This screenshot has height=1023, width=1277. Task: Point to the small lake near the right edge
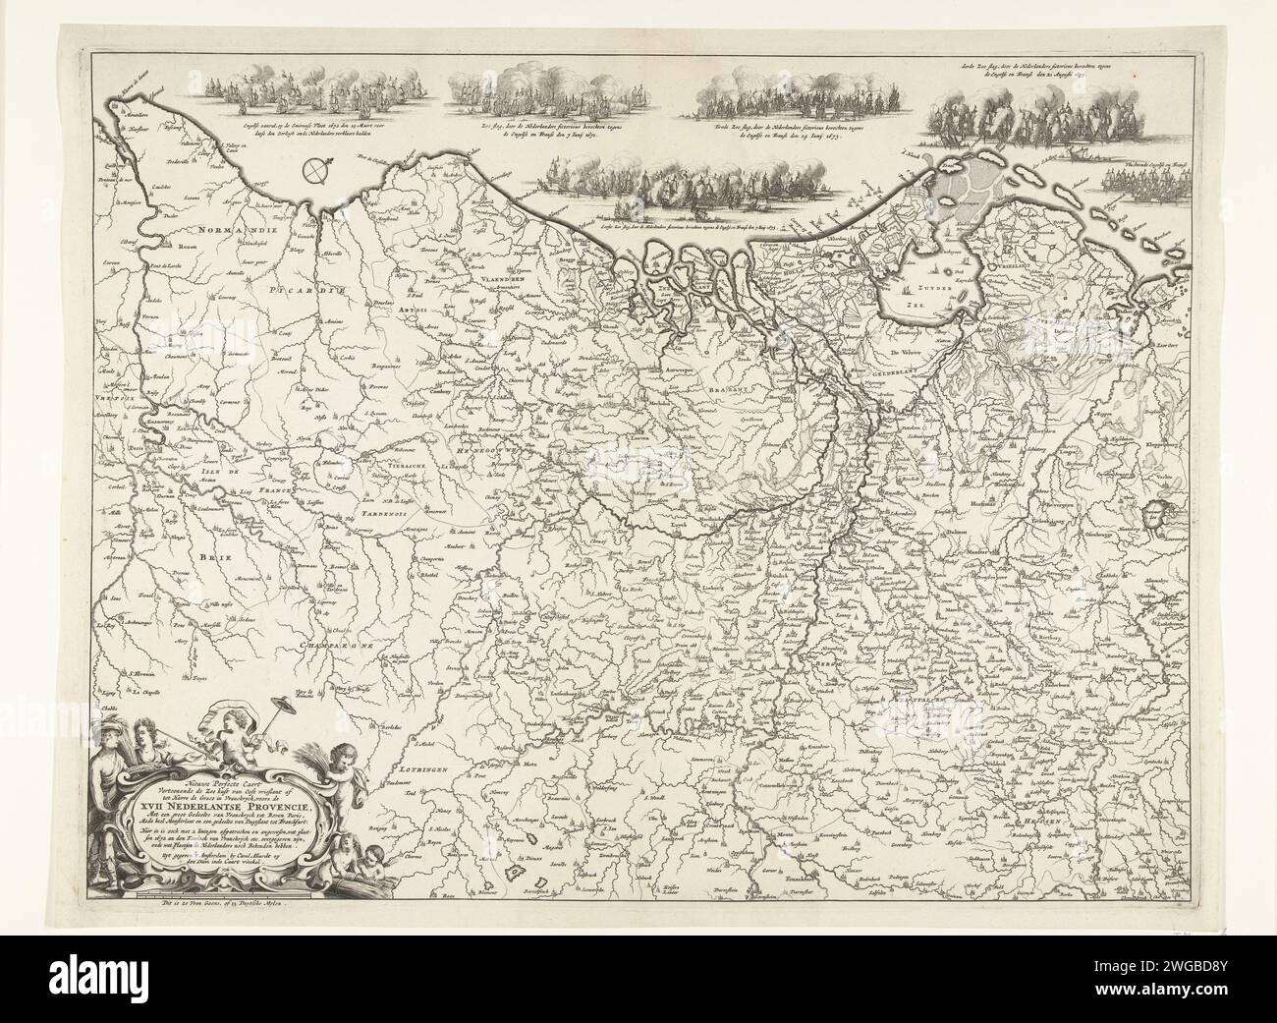point(1157,511)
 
